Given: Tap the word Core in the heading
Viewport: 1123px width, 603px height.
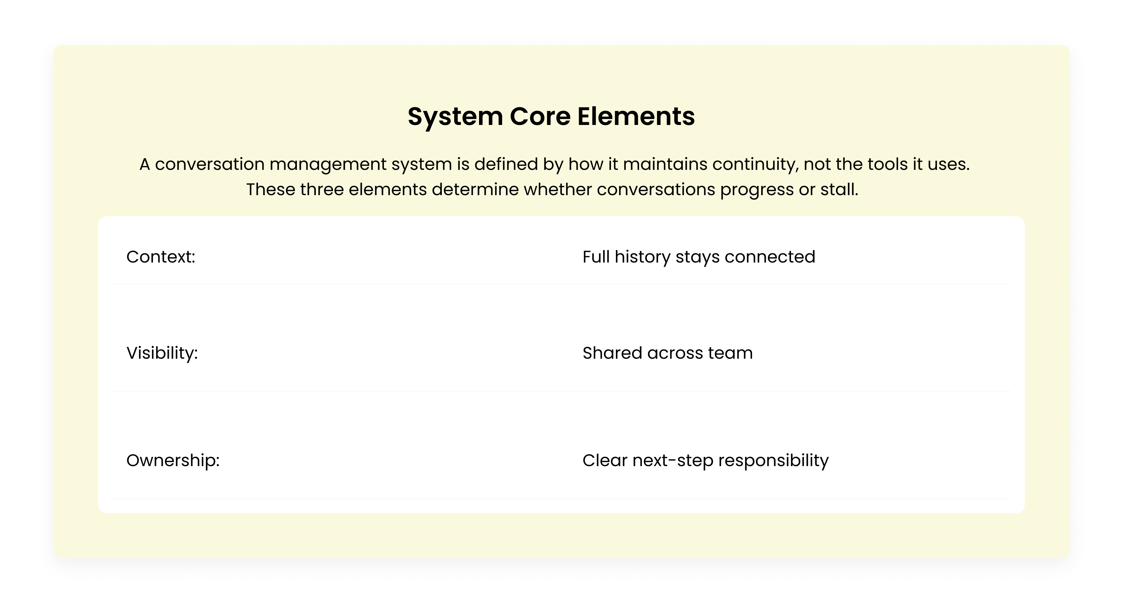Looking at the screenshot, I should point(540,117).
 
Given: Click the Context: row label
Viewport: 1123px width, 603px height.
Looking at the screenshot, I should point(160,257).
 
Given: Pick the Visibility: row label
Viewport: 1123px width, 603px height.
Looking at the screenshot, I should point(162,353).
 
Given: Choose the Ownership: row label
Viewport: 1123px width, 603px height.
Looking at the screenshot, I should point(173,460).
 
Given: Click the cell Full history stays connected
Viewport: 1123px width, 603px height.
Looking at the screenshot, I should point(698,257).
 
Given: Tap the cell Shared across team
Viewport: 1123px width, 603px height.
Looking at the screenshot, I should point(667,353).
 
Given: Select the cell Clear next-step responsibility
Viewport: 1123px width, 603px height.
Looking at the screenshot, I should point(705,460).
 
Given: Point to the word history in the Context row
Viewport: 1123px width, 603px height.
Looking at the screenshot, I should point(642,257).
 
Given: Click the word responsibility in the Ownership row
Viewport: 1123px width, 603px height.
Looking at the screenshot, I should point(773,460).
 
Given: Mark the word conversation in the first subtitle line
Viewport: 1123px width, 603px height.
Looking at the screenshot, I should point(210,164).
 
